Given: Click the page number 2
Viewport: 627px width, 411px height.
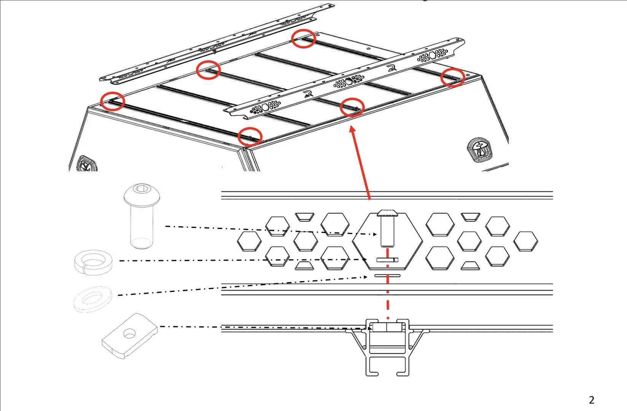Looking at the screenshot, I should pos(591,400).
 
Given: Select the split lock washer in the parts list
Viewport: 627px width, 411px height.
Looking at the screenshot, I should pos(93,261).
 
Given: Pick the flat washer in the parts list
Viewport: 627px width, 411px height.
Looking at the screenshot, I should pos(92,299).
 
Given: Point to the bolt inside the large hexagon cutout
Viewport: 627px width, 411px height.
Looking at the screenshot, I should pos(387,227).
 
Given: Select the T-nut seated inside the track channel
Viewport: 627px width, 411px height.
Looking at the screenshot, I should pos(387,327).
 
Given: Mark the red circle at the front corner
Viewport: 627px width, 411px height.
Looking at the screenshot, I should pos(250,136).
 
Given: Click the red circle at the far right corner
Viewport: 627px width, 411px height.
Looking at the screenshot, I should pos(453,78).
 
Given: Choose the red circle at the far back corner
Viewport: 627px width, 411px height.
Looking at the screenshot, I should pos(304,39).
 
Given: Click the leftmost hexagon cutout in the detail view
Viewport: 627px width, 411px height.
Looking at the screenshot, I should pos(250,241).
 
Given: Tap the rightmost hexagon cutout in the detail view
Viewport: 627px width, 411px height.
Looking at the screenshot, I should pos(526,241).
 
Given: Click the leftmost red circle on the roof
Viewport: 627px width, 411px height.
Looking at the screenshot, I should pos(113,101).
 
